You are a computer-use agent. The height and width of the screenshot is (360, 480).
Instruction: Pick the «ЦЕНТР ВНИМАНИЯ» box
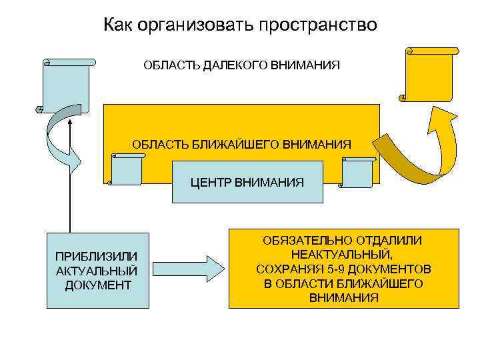click(247, 181)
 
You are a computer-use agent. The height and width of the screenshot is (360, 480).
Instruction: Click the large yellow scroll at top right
click(430, 73)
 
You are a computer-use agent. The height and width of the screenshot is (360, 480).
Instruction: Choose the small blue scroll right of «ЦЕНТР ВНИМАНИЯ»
click(356, 172)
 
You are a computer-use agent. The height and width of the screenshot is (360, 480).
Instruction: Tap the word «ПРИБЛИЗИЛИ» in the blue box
click(97, 257)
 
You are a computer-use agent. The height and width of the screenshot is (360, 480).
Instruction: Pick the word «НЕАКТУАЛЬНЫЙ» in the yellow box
click(343, 255)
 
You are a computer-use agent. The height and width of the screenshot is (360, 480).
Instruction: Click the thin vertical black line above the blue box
click(69, 200)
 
